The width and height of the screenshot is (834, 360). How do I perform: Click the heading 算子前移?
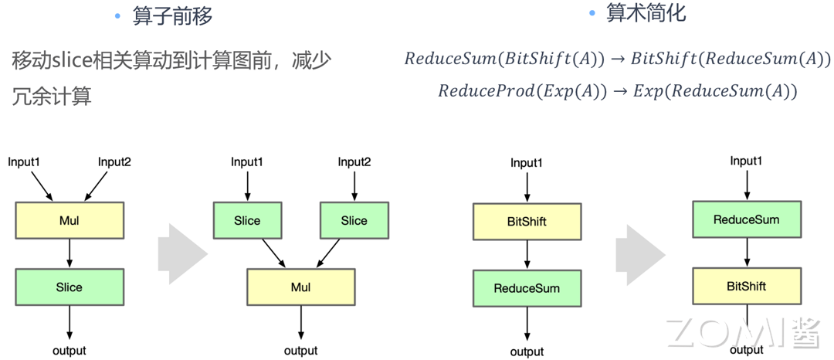pyautogui.click(x=172, y=16)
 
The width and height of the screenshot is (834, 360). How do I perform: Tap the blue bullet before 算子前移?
pyautogui.click(x=117, y=17)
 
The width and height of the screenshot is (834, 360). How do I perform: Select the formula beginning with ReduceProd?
pyautogui.click(x=617, y=91)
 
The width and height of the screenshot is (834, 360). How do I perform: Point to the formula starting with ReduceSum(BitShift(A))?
pyautogui.click(x=617, y=59)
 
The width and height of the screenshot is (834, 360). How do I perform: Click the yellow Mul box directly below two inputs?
pyautogui.click(x=69, y=220)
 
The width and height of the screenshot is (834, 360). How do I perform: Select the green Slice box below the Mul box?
pyautogui.click(x=69, y=287)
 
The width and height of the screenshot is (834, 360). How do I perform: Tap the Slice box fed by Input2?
pyautogui.click(x=354, y=220)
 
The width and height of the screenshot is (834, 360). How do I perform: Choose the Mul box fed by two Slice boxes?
pyautogui.click(x=300, y=287)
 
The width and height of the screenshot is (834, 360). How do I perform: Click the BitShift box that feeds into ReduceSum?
pyautogui.click(x=527, y=221)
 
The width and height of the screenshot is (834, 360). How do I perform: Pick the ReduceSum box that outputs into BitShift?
pyautogui.click(x=746, y=219)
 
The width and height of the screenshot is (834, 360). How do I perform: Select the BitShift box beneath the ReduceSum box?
pyautogui.click(x=746, y=286)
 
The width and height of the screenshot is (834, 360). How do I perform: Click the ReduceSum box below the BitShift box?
pyautogui.click(x=527, y=288)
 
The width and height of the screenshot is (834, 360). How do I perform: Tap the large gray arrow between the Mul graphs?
pyautogui.click(x=183, y=253)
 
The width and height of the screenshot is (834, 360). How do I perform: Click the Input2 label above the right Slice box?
pyautogui.click(x=354, y=162)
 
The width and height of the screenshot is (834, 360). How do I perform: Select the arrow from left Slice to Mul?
pyautogui.click(x=273, y=253)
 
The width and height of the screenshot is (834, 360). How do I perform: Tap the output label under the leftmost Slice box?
pyautogui.click(x=69, y=350)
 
